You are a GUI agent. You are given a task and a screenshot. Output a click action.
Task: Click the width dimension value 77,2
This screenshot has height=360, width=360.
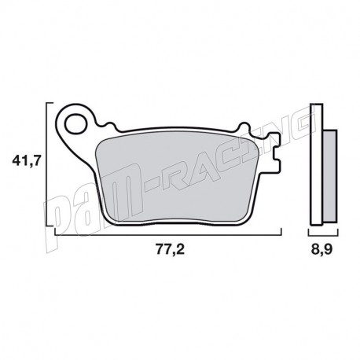pos(167,251)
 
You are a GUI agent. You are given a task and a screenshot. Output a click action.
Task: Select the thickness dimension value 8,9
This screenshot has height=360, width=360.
pos(321,251)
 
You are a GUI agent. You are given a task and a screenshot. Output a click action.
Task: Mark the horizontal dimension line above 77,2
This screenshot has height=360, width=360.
pos(167,233)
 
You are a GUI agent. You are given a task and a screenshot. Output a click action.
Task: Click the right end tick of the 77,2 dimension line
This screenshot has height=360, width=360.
pos(280,232)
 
